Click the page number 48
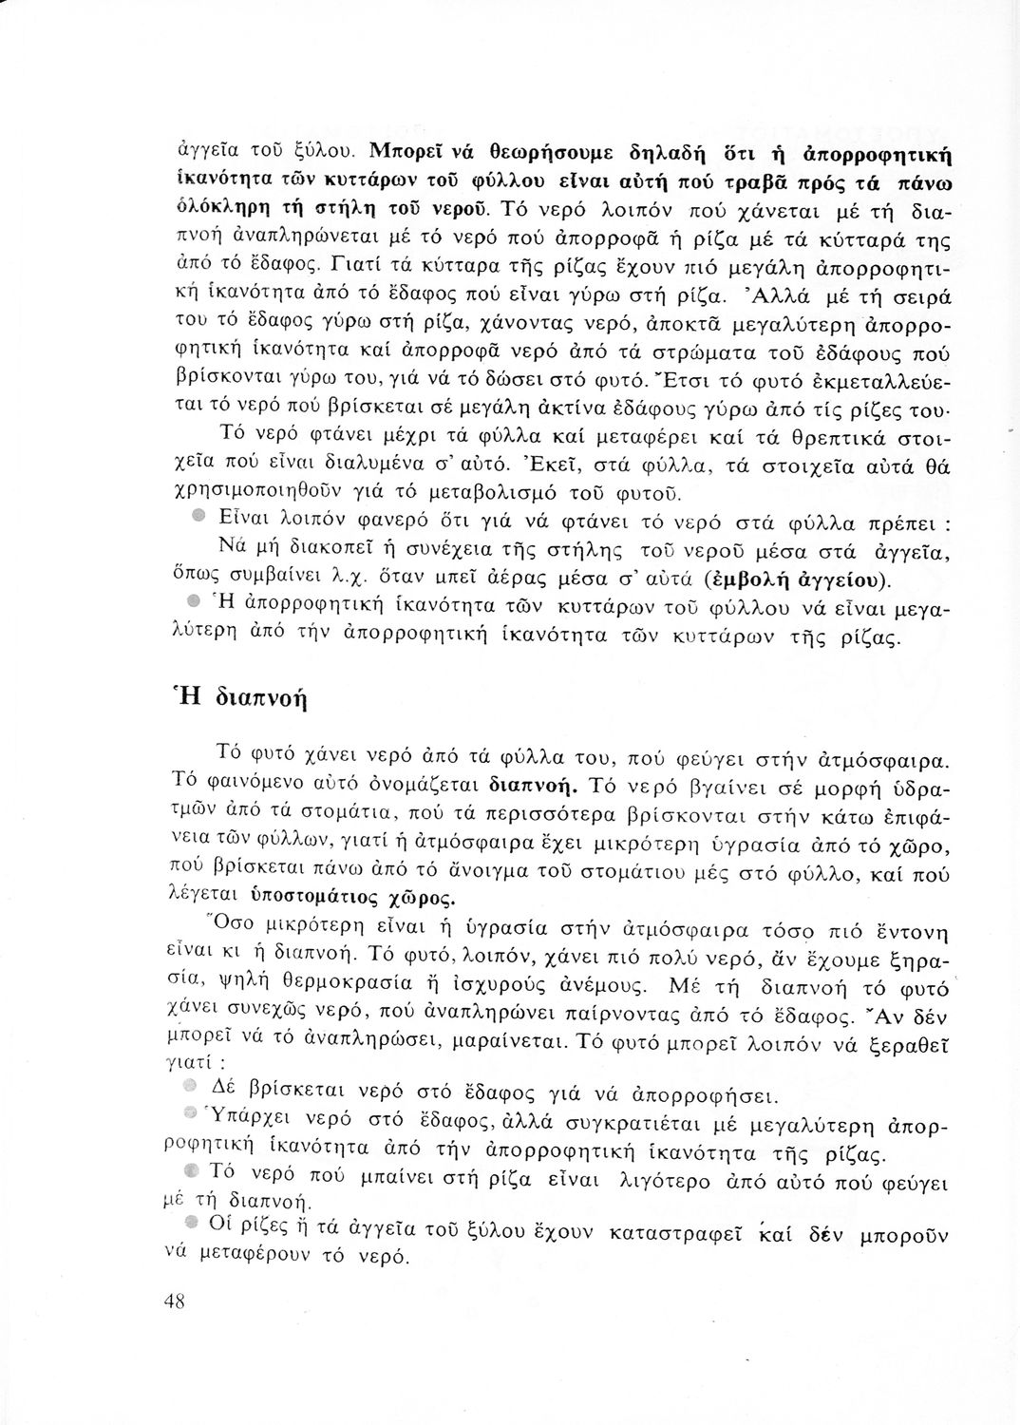(173, 1301)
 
